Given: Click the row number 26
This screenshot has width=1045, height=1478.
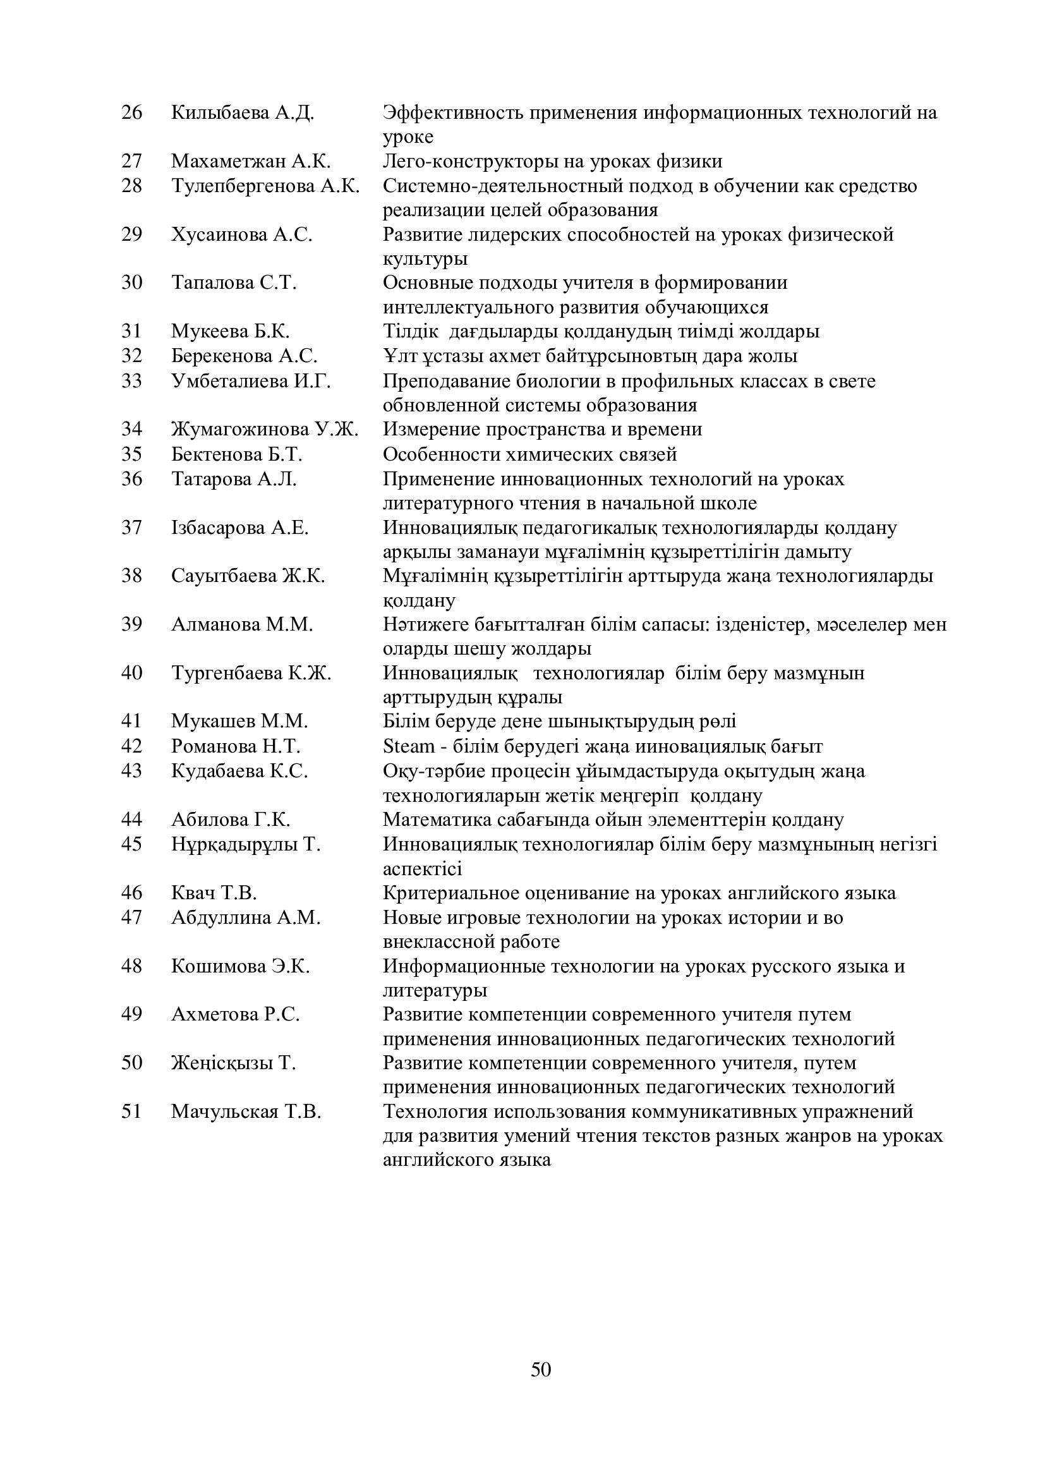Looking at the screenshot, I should click(x=131, y=112).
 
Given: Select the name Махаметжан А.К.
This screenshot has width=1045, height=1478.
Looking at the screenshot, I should click(x=251, y=161).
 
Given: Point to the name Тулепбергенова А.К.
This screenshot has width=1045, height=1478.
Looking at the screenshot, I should click(x=265, y=186).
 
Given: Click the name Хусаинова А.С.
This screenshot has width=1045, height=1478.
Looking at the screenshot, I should click(x=242, y=234).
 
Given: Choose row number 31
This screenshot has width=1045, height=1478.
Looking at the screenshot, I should click(x=131, y=332).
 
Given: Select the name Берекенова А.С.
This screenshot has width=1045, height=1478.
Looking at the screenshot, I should click(x=245, y=356).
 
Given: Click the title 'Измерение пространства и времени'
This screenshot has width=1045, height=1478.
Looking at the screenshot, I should click(x=543, y=429).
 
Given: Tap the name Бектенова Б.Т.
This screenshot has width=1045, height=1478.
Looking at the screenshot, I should click(x=237, y=454).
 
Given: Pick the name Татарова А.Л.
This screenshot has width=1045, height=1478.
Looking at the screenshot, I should click(x=234, y=479).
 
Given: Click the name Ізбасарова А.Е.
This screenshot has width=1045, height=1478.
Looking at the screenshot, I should click(x=240, y=528).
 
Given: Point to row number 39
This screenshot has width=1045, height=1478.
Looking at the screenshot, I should click(x=131, y=624).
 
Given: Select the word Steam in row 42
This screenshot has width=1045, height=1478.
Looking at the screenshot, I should click(x=409, y=747).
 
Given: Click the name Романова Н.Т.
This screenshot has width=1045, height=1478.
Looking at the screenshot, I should click(x=236, y=747).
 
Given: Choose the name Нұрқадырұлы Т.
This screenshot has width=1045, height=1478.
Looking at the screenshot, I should click(x=246, y=844).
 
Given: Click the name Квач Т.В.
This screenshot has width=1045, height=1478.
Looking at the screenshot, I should click(x=214, y=893).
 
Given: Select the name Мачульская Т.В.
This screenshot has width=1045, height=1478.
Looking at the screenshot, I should click(x=246, y=1112).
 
